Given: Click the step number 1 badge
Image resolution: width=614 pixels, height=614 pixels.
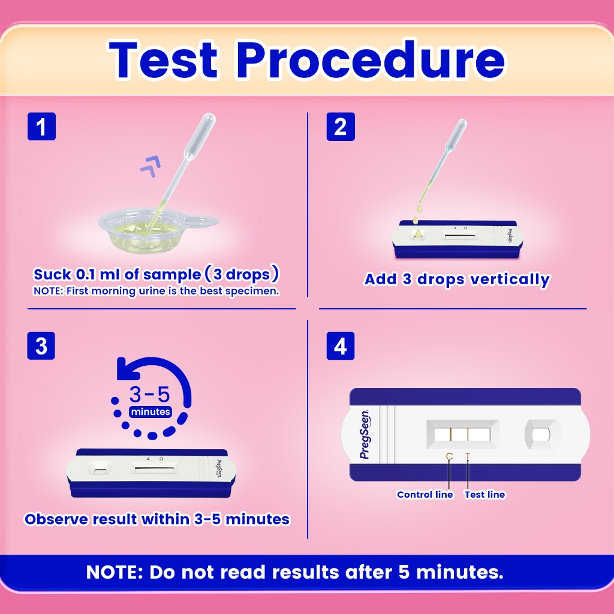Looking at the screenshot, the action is tap(41, 127).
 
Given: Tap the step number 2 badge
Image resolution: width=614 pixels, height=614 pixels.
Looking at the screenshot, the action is tap(341, 127).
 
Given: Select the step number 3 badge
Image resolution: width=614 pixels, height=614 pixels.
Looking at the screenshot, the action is tap(41, 346).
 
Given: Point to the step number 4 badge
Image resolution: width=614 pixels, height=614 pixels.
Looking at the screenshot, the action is tap(341, 346).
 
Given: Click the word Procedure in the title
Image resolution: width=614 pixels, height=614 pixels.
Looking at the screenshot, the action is tap(371, 60).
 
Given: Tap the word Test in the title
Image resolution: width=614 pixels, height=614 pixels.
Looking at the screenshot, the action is tap(162, 60).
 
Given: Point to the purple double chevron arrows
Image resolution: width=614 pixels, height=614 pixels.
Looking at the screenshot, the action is tap(151, 167).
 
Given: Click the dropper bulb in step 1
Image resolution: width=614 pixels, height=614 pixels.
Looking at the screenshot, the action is tap(200, 135).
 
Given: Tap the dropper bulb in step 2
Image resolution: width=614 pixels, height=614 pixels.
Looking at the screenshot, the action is tap(457, 133).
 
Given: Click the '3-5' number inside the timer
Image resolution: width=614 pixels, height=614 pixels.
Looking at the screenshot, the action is tap(149, 395).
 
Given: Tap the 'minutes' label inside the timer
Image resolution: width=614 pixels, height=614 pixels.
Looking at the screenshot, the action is tap(151, 412).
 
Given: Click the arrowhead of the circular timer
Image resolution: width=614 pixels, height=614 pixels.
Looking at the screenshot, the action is tap(127, 369).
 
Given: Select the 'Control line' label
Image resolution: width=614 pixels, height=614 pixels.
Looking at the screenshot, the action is tap(425, 495).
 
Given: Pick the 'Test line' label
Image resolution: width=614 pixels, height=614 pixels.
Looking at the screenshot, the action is tap(484, 495).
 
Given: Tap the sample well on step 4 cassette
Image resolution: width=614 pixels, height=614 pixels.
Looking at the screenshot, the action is tap(542, 434).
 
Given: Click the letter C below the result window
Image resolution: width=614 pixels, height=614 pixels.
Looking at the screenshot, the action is tap(449, 456).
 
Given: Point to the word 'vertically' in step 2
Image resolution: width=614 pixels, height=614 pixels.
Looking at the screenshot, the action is tap(510, 279).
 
